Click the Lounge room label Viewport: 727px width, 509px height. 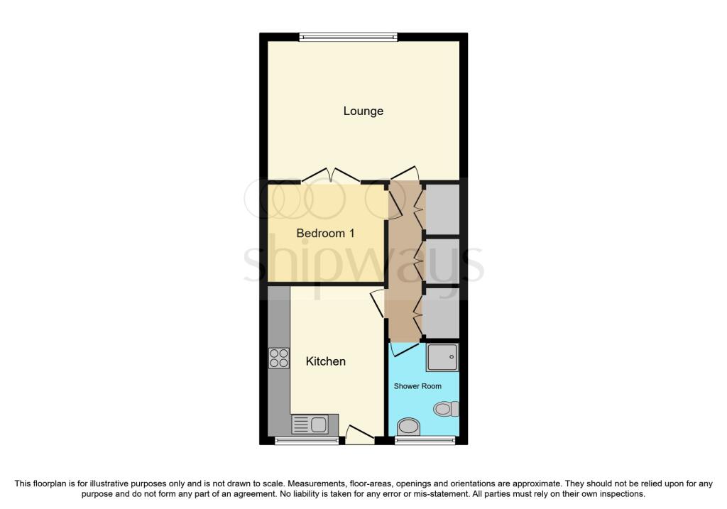click(363, 111)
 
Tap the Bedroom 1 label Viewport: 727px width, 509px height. click(325, 234)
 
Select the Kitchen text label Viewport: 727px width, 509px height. click(325, 361)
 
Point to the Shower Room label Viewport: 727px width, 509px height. click(417, 386)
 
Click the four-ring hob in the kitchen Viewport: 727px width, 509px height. click(278, 358)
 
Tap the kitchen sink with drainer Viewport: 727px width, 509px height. click(310, 425)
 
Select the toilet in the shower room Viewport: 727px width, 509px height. click(447, 409)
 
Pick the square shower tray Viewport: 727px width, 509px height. click(442, 357)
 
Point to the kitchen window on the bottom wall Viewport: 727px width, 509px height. click(307, 441)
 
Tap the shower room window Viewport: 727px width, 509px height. click(425, 441)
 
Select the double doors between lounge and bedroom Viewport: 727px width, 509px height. click(331, 175)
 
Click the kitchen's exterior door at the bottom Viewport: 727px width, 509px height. click(359, 434)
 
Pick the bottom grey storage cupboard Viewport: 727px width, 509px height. click(442, 311)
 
